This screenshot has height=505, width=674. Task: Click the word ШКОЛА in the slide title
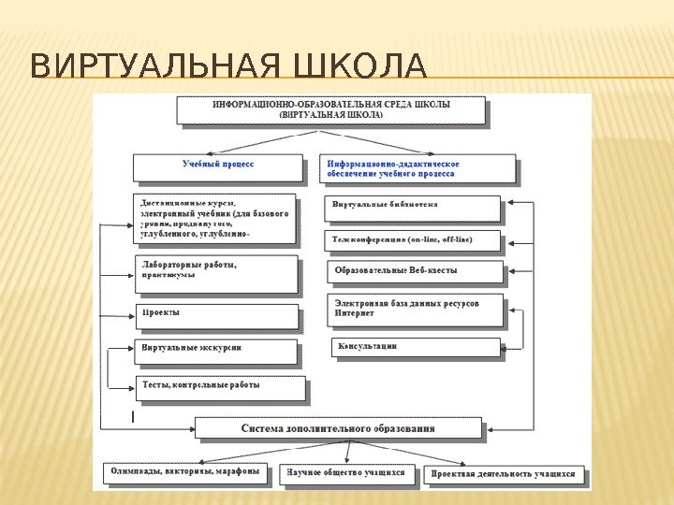point(360,67)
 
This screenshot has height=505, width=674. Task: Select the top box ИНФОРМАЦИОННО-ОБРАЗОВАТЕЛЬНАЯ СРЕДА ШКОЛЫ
point(331,109)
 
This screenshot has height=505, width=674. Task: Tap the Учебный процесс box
point(218,166)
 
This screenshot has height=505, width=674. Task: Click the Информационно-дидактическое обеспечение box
point(418,168)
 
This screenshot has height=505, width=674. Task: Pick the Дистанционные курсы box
point(215,219)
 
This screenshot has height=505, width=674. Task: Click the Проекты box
point(217,314)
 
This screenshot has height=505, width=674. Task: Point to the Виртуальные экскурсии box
point(217,351)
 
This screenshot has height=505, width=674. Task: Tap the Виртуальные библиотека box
point(413,207)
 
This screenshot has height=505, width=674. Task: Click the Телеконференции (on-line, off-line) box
point(413,239)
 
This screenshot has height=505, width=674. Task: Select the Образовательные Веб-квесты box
point(413,271)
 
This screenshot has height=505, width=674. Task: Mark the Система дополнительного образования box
point(338,428)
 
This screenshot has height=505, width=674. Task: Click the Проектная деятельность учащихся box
point(503,474)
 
